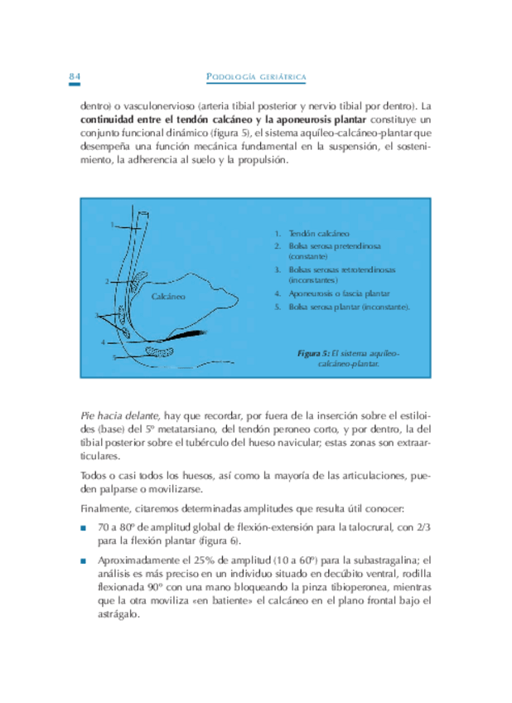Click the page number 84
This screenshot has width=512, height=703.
coord(74,77)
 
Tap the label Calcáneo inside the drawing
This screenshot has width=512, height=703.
coord(168,295)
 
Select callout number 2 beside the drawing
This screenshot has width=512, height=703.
coord(107,281)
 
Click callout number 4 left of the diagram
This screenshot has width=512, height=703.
coord(103,342)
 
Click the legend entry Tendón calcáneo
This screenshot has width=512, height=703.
coord(317,234)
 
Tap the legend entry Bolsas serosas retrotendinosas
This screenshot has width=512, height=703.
coord(335,270)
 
